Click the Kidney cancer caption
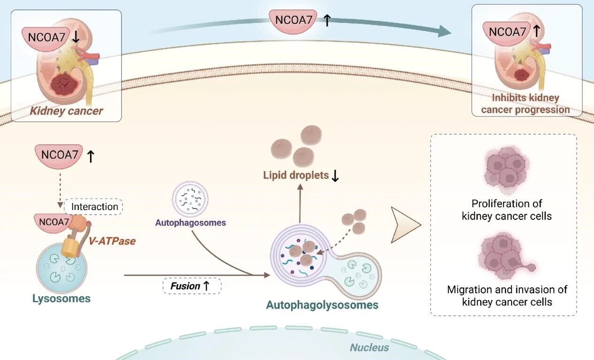pos(67,112)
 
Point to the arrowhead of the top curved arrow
pos(444,31)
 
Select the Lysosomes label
pos(61,298)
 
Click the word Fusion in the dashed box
pos(185,285)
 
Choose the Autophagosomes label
pos(190,223)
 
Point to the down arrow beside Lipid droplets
pos(335,176)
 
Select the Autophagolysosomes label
pos(322,305)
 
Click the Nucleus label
pos(369,347)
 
